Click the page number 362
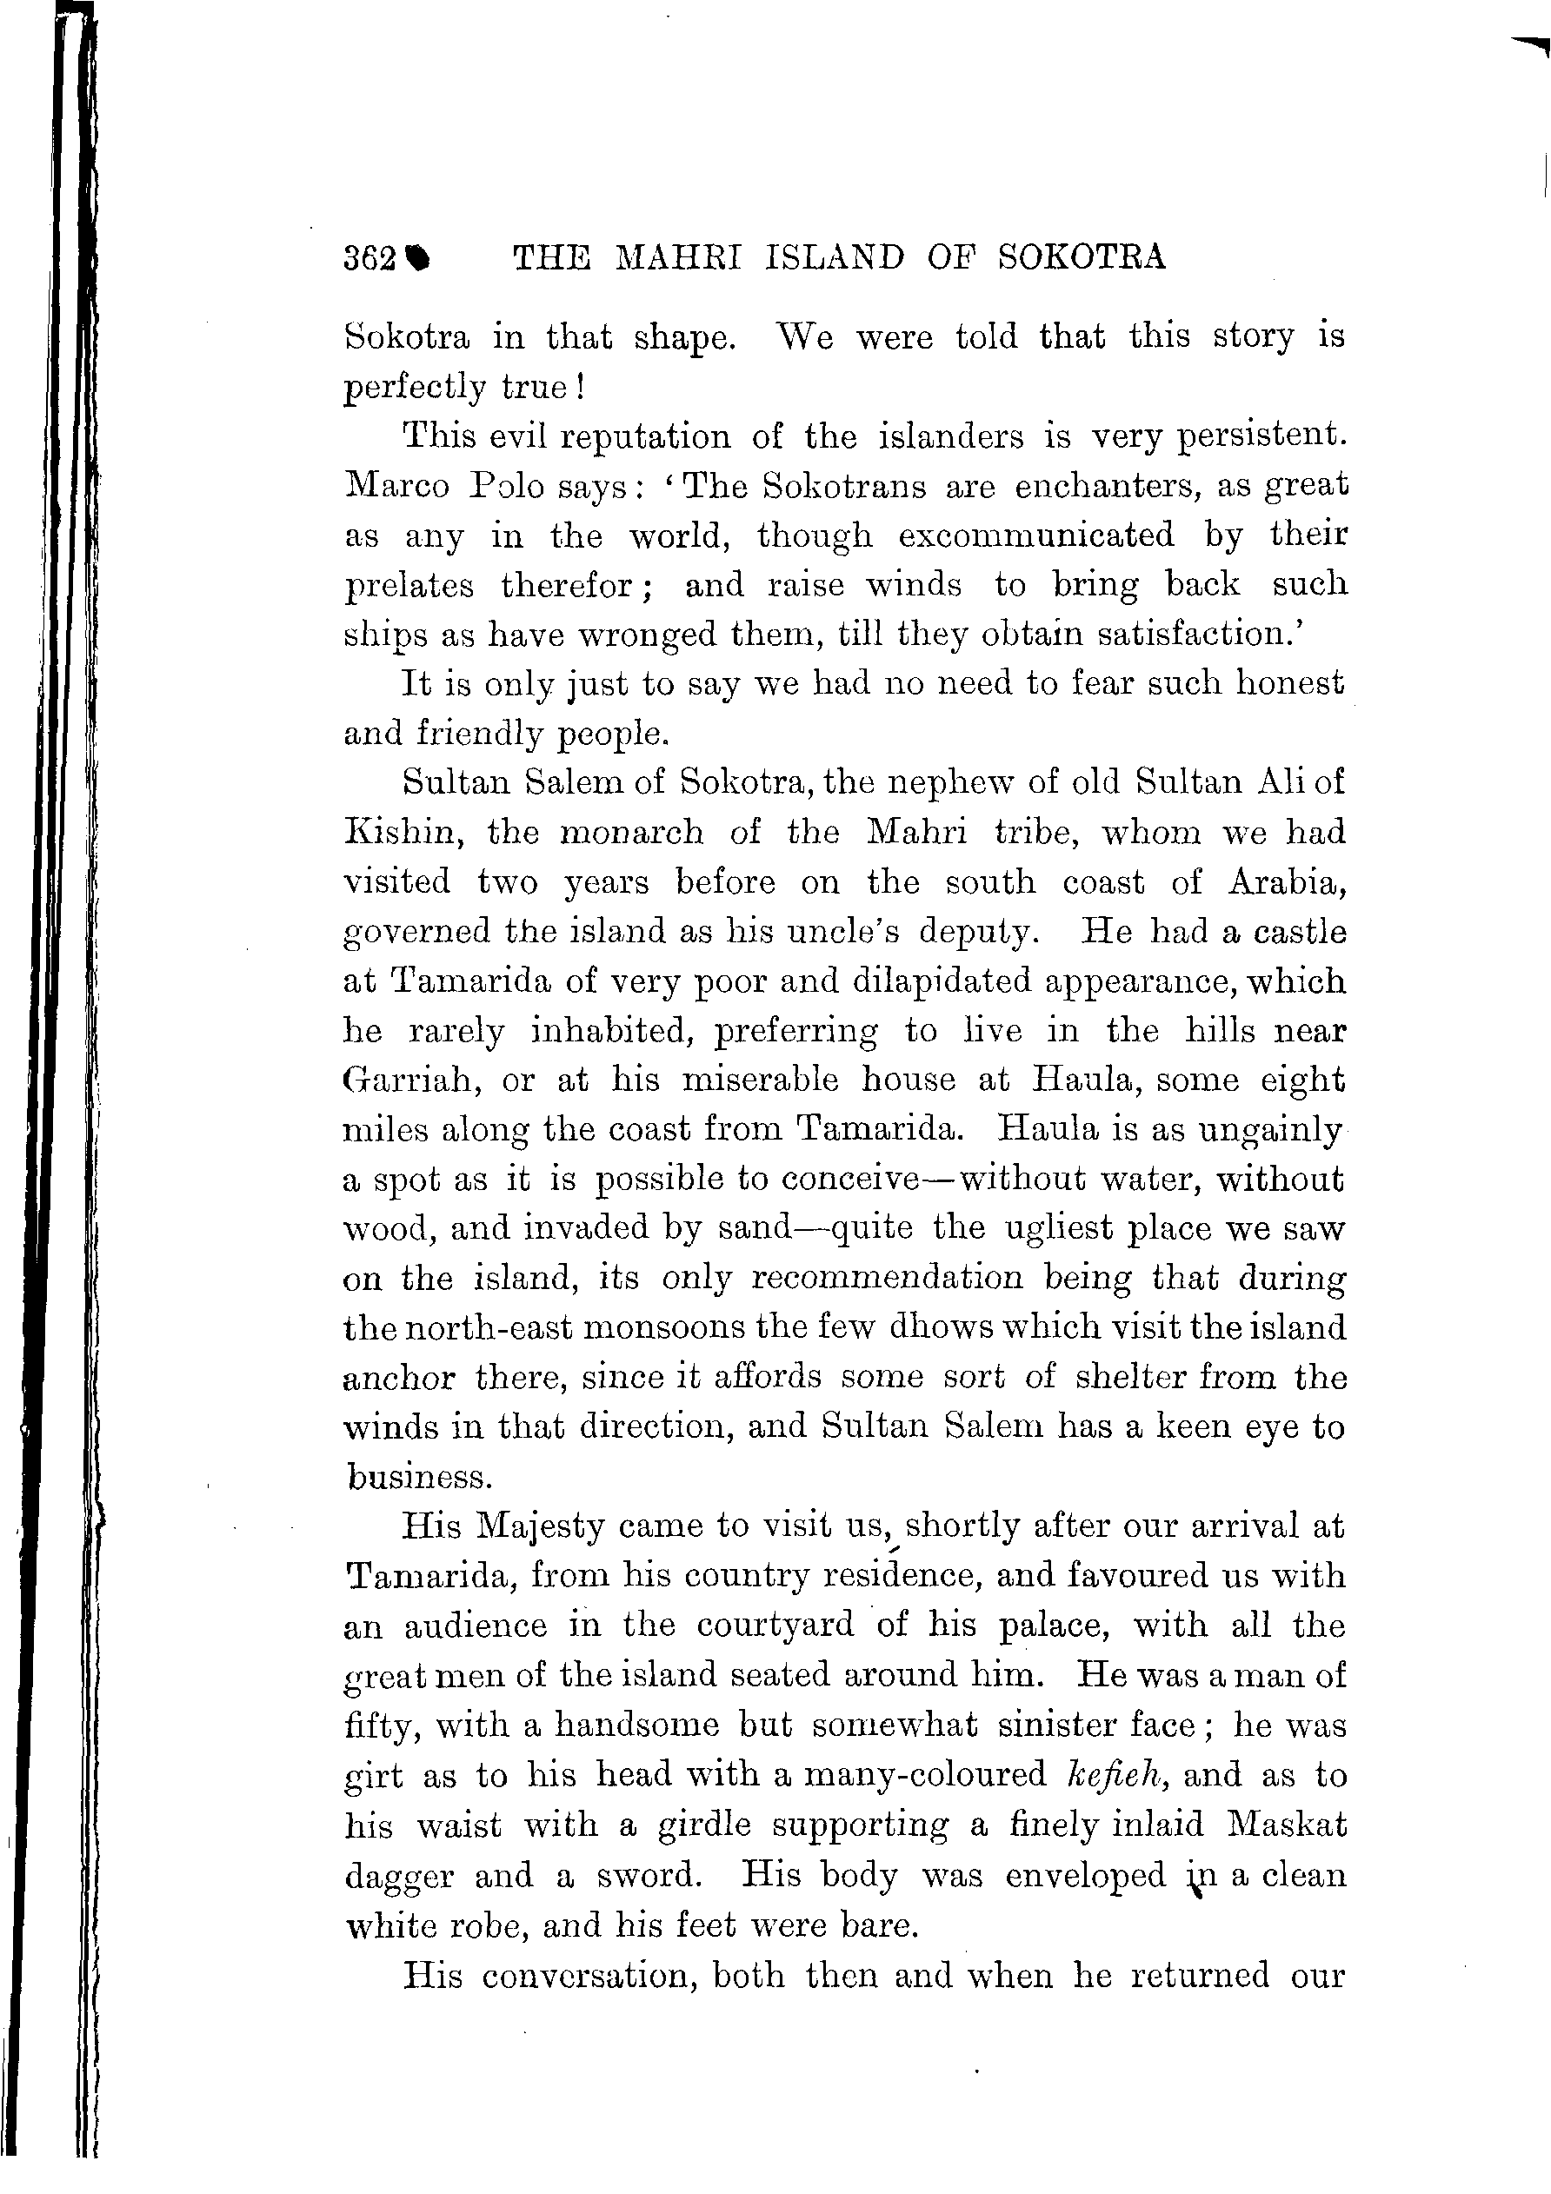click(369, 259)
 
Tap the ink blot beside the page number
click(418, 259)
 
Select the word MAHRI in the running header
click(677, 258)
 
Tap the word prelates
click(408, 586)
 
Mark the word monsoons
click(665, 1328)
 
